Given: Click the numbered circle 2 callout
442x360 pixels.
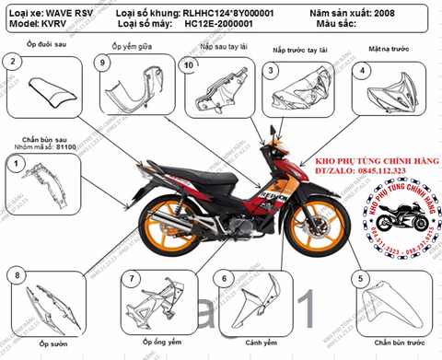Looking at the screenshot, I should (x=12, y=62).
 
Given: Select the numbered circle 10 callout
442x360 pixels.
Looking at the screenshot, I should (x=188, y=65).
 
